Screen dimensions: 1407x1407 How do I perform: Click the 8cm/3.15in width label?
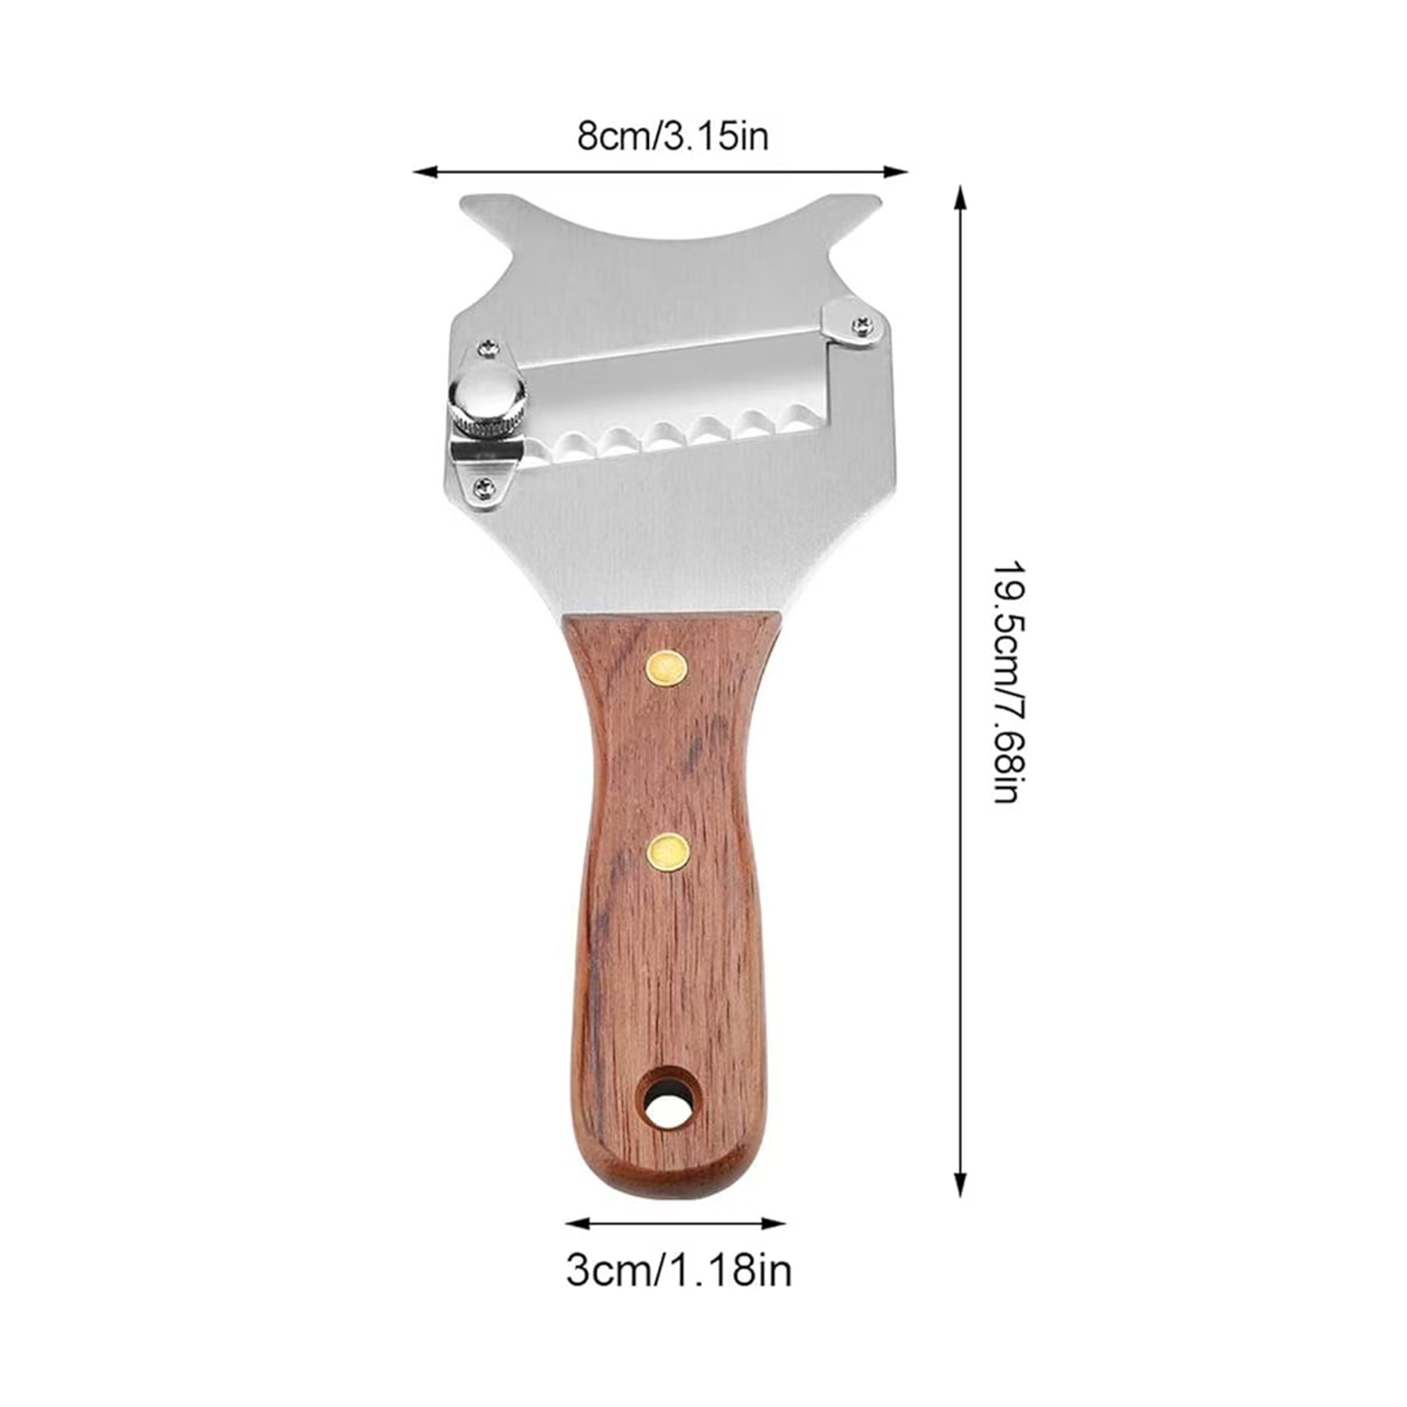click(x=672, y=136)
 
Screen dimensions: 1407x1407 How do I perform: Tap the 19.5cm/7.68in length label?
click(x=1006, y=682)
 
